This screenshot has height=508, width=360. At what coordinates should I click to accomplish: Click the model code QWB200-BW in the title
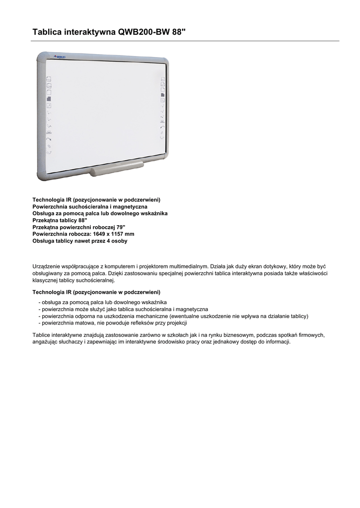[143, 32]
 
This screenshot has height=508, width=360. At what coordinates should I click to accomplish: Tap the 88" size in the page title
[178, 32]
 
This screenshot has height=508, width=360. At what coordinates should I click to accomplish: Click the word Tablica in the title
[48, 32]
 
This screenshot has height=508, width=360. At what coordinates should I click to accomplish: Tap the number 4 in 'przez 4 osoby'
[109, 241]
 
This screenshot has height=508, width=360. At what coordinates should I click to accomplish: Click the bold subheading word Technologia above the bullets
[49, 292]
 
